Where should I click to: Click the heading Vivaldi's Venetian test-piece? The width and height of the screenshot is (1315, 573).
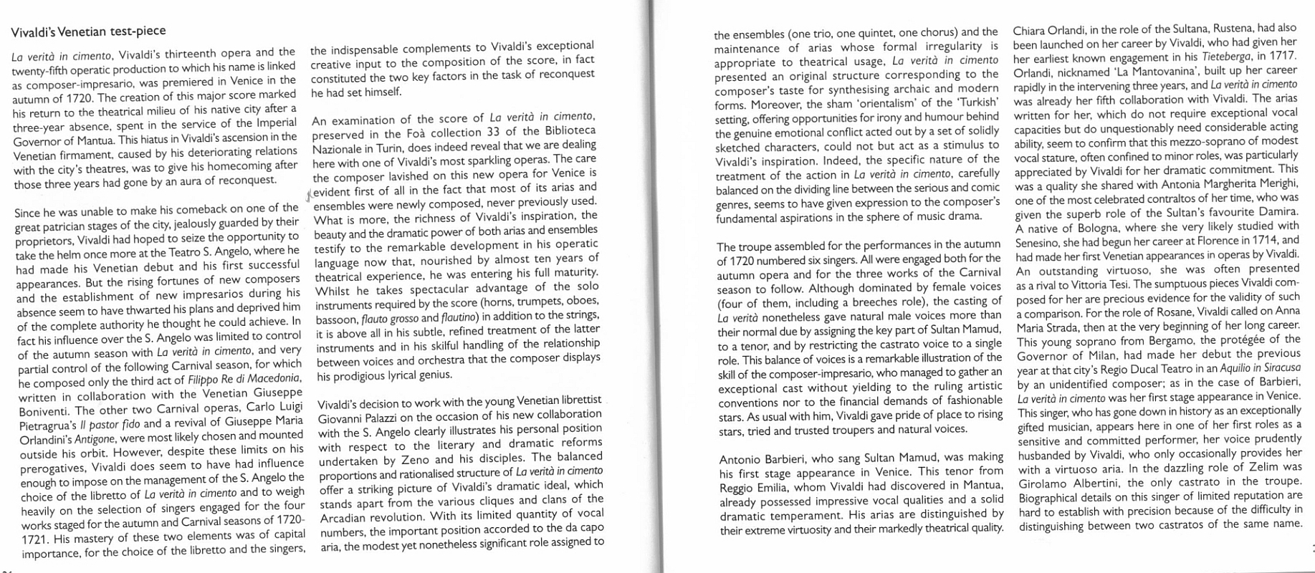(x=88, y=31)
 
